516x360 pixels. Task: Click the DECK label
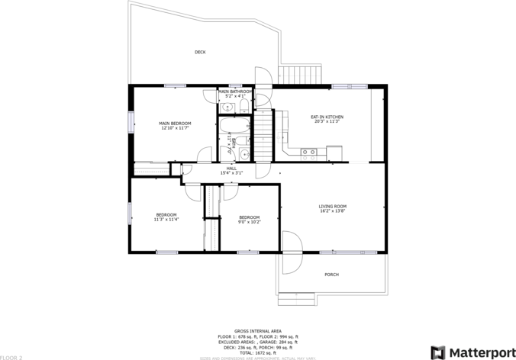[x=200, y=53]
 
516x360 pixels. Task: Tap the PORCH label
[x=331, y=275]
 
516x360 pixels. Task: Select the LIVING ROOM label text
[x=333, y=206]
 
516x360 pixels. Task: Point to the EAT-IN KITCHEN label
[x=327, y=117]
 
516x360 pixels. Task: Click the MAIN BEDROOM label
[x=175, y=124]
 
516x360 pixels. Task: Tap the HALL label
[x=231, y=169]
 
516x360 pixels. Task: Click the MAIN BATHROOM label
[x=235, y=92]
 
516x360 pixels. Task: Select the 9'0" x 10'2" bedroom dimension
[x=249, y=222]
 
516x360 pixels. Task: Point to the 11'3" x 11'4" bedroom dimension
[x=166, y=220]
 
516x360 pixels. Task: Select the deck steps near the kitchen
[x=292, y=75]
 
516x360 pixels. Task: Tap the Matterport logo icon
[x=437, y=352]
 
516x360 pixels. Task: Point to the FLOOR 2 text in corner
[x=11, y=357]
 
